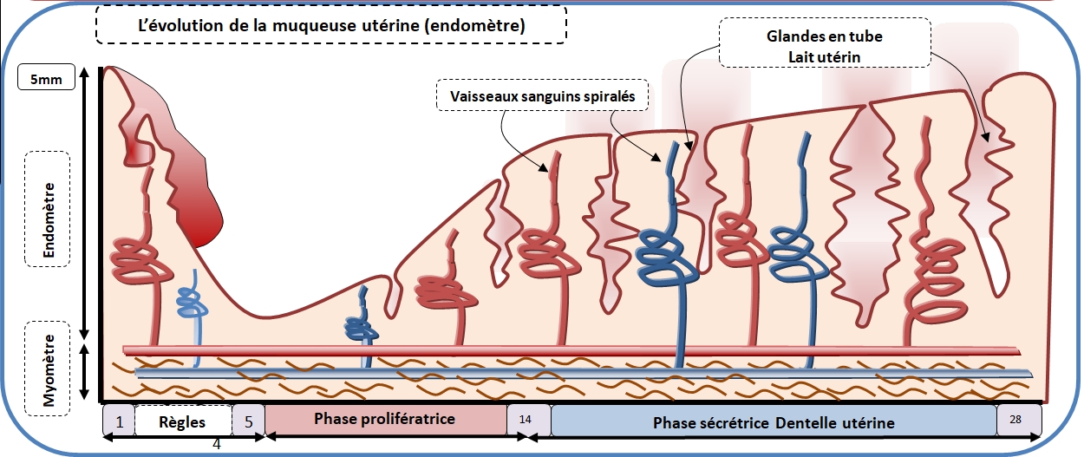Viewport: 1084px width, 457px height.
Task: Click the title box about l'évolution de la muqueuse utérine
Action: pyautogui.click(x=332, y=25)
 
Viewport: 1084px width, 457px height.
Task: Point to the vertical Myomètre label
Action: pyautogui.click(x=49, y=371)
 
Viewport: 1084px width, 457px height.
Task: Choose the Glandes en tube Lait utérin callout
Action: pyautogui.click(x=825, y=47)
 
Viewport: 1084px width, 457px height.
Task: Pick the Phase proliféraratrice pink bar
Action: pyautogui.click(x=385, y=419)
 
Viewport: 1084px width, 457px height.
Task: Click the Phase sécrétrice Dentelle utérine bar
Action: pyautogui.click(x=774, y=422)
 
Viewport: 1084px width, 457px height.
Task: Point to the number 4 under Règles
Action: pyautogui.click(x=217, y=445)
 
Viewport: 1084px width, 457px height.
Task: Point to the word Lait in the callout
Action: pyautogui.click(x=798, y=56)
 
